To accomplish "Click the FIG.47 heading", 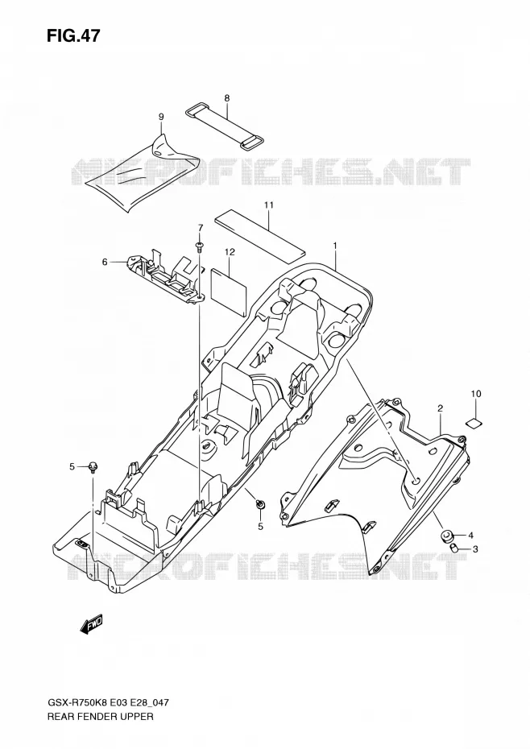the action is pos(73,35).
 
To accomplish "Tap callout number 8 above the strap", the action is pos(226,98).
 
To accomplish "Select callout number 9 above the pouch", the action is pos(161,117).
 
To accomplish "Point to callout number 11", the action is pos(268,205).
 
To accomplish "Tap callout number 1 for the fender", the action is pos(335,246).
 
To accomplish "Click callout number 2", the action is pos(440,408).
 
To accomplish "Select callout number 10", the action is pos(476,394).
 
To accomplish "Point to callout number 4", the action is pos(470,535).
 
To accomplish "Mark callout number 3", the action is pos(475,549).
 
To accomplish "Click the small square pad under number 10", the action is pos(474,421).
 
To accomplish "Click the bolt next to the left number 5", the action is pos(93,466).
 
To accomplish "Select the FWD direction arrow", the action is pos(91,625).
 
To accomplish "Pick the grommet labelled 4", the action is pos(447,536).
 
